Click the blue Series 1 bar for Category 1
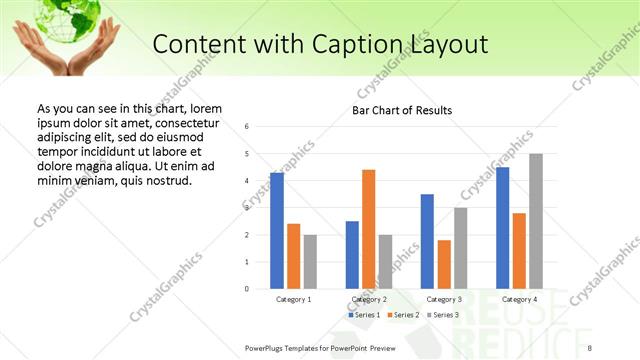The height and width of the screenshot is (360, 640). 277,231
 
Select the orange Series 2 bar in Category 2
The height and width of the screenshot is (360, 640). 369,229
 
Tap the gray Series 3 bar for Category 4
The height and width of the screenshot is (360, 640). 536,221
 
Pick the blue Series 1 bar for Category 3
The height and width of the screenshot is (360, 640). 427,241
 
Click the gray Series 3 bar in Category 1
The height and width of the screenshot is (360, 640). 310,261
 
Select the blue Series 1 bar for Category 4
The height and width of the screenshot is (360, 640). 503,228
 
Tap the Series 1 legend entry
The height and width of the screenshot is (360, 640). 365,315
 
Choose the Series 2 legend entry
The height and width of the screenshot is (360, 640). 402,315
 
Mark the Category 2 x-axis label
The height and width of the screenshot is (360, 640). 369,299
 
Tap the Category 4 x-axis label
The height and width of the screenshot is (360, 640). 519,299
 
